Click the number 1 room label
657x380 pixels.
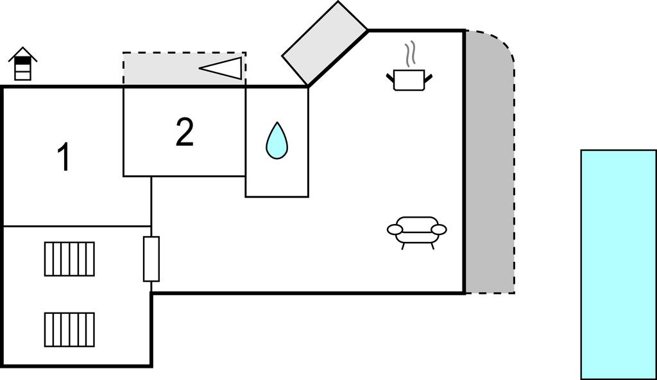pos(64,158)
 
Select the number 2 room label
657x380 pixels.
pos(184,133)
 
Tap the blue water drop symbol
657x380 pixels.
pos(277,141)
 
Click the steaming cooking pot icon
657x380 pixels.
pos(409,79)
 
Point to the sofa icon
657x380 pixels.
pos(417,231)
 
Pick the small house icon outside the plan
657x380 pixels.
pos(22,64)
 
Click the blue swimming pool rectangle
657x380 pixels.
pos(619,264)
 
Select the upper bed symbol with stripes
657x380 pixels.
pos(69,259)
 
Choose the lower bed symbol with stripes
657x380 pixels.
pos(69,329)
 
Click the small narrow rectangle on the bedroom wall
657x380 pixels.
pos(151,259)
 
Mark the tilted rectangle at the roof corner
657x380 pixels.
pos(325,42)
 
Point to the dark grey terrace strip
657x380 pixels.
pos(488,193)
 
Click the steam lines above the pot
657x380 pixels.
pos(409,54)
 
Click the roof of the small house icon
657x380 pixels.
pos(22,53)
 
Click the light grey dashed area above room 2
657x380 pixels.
pos(160,69)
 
